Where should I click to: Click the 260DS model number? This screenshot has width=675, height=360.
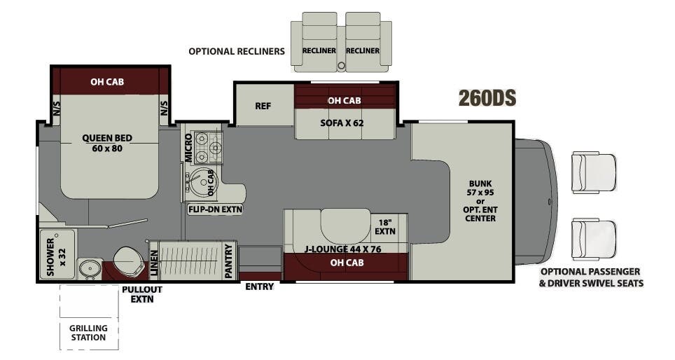click(487, 98)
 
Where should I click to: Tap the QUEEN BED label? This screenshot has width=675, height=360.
click(107, 143)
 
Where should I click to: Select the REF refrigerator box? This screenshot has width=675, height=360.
click(263, 106)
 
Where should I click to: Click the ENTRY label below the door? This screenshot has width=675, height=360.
click(259, 286)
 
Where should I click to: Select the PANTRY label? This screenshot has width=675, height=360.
click(228, 261)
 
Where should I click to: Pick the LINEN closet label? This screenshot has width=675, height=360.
click(154, 261)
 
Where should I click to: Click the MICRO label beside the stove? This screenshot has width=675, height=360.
click(188, 148)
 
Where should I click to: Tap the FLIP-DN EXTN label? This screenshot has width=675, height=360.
click(215, 209)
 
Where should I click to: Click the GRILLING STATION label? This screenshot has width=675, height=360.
click(88, 333)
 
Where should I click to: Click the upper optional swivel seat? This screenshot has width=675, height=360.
click(594, 172)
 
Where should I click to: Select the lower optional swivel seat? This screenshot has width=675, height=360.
click(594, 239)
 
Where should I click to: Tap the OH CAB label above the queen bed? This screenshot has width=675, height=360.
click(107, 82)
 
